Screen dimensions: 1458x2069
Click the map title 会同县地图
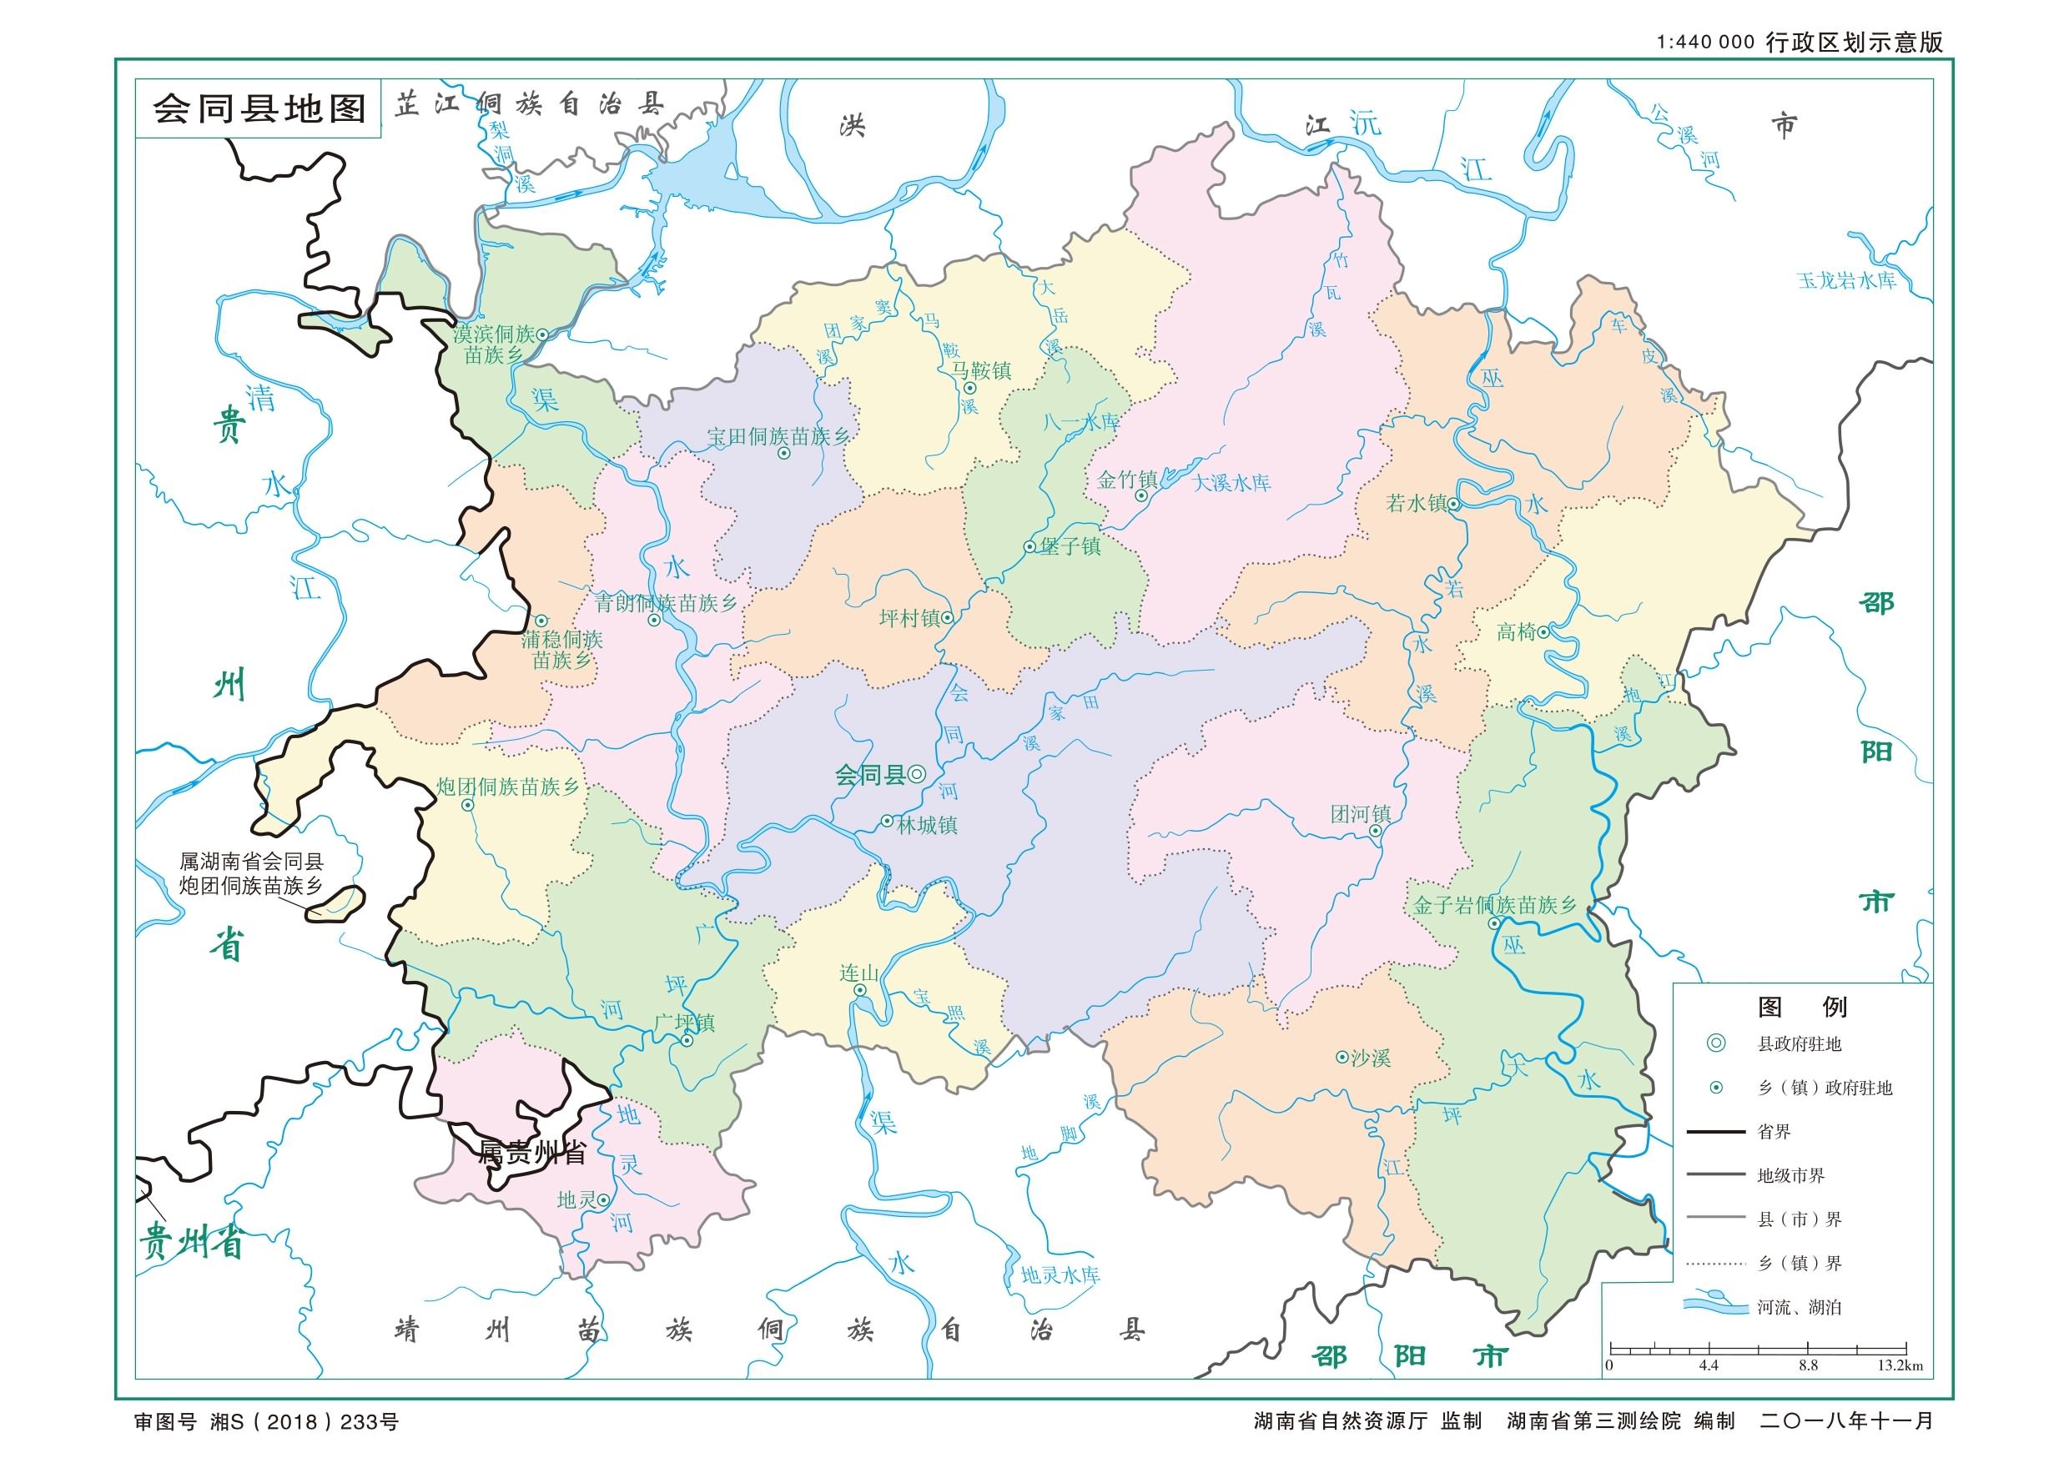pos(259,109)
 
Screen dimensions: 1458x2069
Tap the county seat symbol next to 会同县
pos(917,774)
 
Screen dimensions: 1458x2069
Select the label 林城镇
pos(927,825)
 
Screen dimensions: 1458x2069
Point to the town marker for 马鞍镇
pos(969,389)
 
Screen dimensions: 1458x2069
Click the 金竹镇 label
pos(1126,480)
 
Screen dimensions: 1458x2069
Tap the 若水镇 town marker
pos(1453,504)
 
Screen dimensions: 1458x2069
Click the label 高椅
pos(1516,632)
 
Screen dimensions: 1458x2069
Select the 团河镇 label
pos(1361,815)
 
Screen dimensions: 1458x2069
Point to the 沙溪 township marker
pos(1342,1057)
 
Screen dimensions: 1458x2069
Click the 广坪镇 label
pos(685,1023)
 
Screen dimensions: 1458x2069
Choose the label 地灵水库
pos(1060,1276)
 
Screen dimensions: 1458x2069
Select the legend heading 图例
pos(1802,1007)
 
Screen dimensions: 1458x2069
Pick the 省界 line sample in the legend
pos(1716,1132)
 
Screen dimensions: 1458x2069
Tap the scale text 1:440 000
pos(1706,43)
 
